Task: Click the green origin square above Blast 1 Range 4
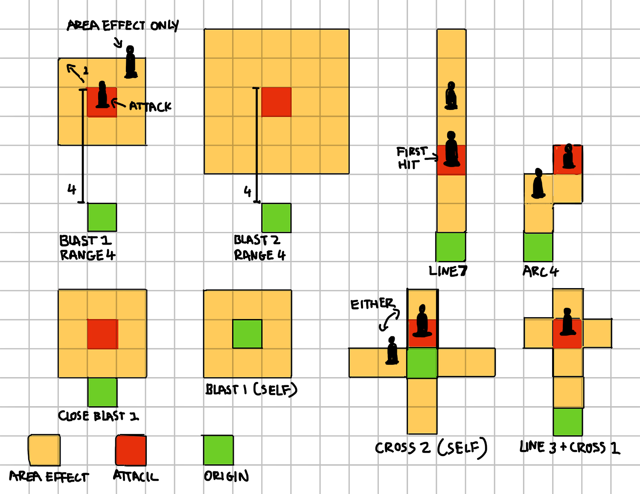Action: pyautogui.click(x=102, y=217)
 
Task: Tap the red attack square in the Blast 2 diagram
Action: pyautogui.click(x=276, y=102)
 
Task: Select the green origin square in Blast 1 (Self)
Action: pyautogui.click(x=247, y=334)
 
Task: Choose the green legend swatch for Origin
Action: pyautogui.click(x=218, y=450)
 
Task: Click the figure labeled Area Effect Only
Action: pyautogui.click(x=131, y=63)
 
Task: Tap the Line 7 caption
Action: pyautogui.click(x=448, y=271)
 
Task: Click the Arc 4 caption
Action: pyautogui.click(x=541, y=272)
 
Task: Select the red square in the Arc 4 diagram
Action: pyautogui.click(x=568, y=159)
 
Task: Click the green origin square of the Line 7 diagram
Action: pyautogui.click(x=451, y=246)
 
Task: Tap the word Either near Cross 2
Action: pyautogui.click(x=372, y=304)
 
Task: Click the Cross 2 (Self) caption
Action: pyautogui.click(x=431, y=448)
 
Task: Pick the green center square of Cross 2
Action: pyautogui.click(x=422, y=363)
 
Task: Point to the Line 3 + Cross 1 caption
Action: pyautogui.click(x=570, y=448)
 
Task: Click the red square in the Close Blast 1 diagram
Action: pyautogui.click(x=102, y=334)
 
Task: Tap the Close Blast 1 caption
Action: pyautogui.click(x=99, y=416)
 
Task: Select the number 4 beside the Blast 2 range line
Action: pyautogui.click(x=247, y=191)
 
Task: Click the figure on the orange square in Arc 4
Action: pyautogui.click(x=538, y=184)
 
